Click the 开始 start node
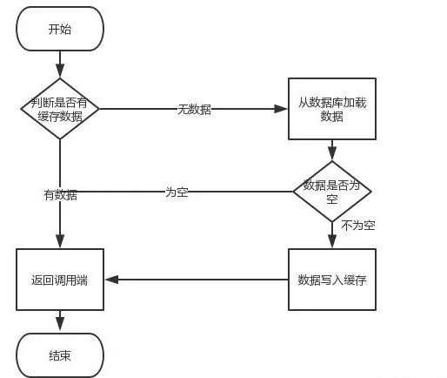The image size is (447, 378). tap(60, 30)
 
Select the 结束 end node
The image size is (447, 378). tap(60, 355)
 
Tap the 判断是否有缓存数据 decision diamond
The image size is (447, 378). tap(60, 109)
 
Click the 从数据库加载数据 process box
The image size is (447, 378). tap(331, 109)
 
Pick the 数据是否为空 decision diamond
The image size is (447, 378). tap(331, 191)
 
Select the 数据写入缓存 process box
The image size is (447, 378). tap(331, 280)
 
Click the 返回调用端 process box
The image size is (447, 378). tap(60, 280)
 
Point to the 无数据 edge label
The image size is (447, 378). tap(194, 109)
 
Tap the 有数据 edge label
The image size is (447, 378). tap(60, 195)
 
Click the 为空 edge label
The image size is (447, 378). tap(177, 192)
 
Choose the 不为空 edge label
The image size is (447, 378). tap(357, 226)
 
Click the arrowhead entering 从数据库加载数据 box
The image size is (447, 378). tap(282, 109)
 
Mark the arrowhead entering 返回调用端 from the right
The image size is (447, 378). tap(110, 280)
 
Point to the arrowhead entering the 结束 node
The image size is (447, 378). tap(60, 327)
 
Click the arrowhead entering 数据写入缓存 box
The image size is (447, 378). tap(331, 243)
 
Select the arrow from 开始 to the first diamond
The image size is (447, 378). tap(60, 64)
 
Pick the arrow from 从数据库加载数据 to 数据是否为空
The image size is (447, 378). tap(331, 150)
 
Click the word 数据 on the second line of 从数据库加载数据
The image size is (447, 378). tap(331, 117)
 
